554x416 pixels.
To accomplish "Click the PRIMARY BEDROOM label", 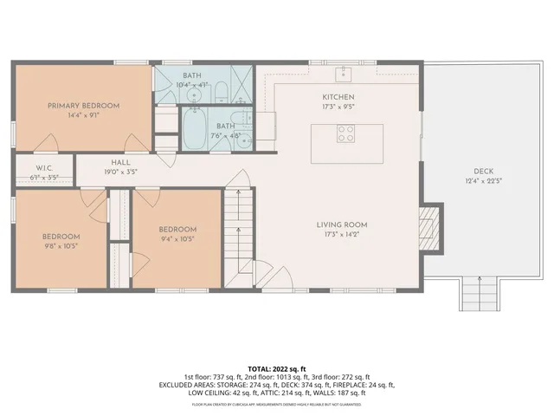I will (x=83, y=106).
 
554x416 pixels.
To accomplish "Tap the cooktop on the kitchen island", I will (x=345, y=133).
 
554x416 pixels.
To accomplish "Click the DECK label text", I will (x=483, y=171).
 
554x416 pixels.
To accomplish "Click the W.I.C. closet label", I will (x=46, y=167).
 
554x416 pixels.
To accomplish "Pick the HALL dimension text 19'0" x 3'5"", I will (x=120, y=172).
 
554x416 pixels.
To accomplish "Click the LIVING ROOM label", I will (x=342, y=224).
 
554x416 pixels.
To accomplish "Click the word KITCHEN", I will (x=338, y=96).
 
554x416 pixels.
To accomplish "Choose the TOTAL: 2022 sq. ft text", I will (x=276, y=367).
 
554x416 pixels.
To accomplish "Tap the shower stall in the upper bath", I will (x=242, y=84).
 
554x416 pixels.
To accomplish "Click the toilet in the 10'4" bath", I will (x=220, y=90).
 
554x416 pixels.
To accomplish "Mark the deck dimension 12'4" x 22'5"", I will (x=483, y=181).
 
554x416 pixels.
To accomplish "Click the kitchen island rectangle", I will (x=346, y=138).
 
